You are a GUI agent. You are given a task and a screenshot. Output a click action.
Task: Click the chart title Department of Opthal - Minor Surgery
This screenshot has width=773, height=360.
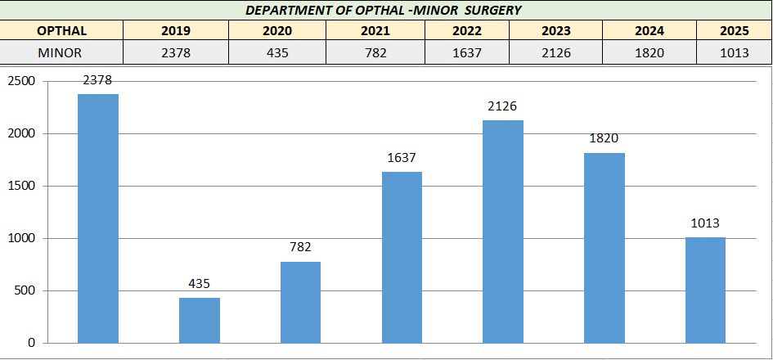coord(384,11)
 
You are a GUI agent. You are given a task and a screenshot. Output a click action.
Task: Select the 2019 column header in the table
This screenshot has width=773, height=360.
coord(176,31)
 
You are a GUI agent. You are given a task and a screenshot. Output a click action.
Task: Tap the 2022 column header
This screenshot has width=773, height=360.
coord(467,31)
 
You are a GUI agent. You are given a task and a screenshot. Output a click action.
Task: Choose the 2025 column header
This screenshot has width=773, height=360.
coord(734,31)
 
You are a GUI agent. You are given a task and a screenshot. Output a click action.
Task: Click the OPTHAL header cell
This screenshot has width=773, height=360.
coord(61,31)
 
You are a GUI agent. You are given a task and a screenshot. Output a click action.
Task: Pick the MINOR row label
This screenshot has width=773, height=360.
coord(61,52)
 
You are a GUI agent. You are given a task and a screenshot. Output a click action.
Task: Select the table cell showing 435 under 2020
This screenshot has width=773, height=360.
coord(277,52)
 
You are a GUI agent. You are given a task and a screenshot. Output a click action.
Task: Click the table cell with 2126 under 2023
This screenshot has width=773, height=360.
coord(556,52)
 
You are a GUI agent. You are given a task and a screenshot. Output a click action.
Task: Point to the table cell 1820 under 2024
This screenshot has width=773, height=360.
coord(649,52)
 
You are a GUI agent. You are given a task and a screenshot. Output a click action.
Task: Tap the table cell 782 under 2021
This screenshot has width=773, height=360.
coord(375,52)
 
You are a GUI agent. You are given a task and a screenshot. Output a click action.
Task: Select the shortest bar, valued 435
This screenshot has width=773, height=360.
coord(200,320)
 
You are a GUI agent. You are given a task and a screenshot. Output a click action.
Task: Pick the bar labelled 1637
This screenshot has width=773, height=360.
coord(402,257)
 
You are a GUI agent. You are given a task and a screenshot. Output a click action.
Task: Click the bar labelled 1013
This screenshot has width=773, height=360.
coord(705,290)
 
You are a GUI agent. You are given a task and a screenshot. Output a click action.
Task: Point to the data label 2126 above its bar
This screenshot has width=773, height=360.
coord(503,107)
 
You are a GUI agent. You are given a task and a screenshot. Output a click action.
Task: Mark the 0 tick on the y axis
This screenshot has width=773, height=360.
coord(31,344)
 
